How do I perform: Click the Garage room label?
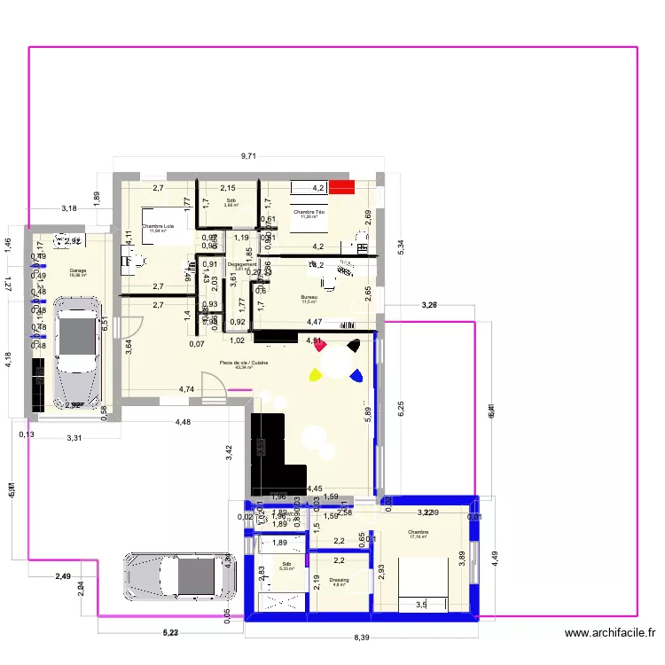pos(66,271)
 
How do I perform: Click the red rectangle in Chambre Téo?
pos(341,187)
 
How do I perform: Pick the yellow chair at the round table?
pos(314,375)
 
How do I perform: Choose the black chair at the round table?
pos(354,345)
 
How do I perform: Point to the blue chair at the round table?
pos(356,377)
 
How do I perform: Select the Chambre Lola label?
pos(158,226)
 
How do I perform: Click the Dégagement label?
pos(242,264)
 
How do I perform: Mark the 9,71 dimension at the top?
pos(249,157)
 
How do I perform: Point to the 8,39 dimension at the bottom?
pos(362,637)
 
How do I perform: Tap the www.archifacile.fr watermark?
pos(609,633)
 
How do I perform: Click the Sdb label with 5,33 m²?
pos(286,564)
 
